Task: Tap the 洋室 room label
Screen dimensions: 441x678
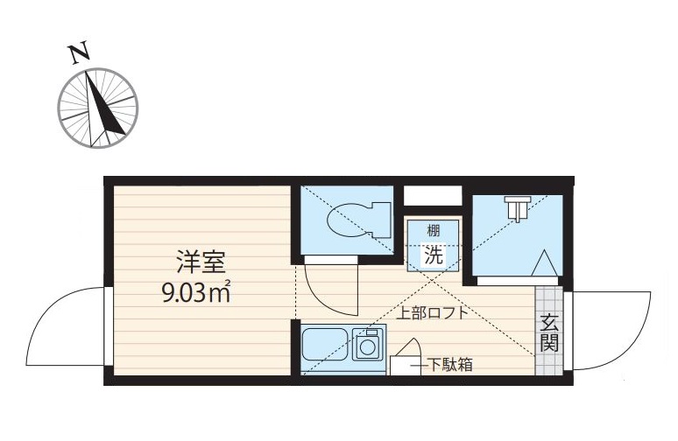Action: [x=201, y=262]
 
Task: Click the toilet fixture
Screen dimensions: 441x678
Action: [x=357, y=219]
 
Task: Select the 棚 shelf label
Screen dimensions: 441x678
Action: [x=434, y=232]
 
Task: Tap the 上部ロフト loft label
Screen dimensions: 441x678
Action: [x=432, y=313]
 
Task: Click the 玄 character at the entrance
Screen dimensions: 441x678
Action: [x=548, y=320]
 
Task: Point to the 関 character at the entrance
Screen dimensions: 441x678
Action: [x=548, y=342]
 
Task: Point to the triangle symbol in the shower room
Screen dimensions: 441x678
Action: [x=542, y=262]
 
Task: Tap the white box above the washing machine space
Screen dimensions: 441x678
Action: [x=432, y=195]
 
